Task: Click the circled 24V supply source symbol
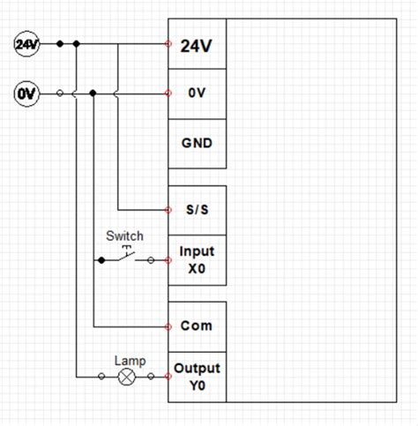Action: coord(26,43)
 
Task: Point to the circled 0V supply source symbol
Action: coord(26,92)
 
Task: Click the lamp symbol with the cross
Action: coord(127,377)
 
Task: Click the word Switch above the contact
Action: coord(124,236)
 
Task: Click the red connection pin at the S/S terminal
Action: coord(168,210)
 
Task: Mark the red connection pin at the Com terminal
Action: coord(168,326)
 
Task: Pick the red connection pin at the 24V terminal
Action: coord(168,43)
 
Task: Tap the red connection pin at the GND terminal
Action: coord(168,142)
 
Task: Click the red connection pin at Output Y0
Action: coord(168,377)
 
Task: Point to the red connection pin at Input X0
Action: coord(168,260)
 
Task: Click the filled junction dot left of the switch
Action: coord(101,260)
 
